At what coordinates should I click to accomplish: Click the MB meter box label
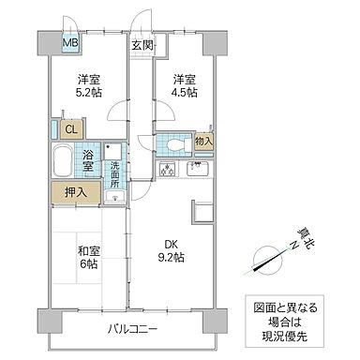pyautogui.click(x=70, y=42)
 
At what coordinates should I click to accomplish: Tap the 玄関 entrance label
pyautogui.click(x=142, y=44)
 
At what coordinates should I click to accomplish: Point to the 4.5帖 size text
pyautogui.click(x=183, y=93)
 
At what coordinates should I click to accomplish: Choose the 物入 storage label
pyautogui.click(x=203, y=142)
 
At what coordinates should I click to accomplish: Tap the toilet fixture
pyautogui.click(x=175, y=142)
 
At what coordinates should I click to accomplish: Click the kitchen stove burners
pyautogui.click(x=170, y=171)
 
